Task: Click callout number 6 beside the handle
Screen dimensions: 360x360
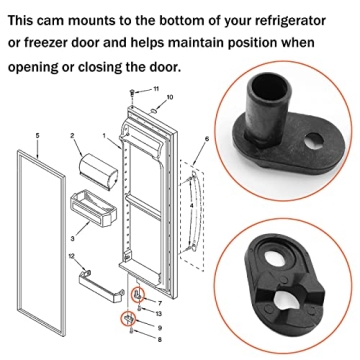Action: pos(205,138)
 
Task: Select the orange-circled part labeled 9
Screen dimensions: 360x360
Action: pos(129,319)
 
